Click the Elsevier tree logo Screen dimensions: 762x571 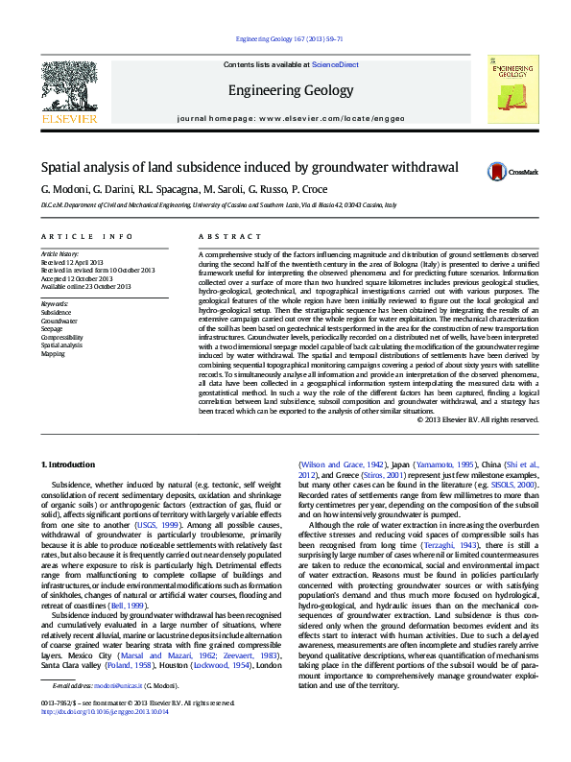point(68,87)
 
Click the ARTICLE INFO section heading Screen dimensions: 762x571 point(86,236)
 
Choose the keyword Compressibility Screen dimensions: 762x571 point(62,338)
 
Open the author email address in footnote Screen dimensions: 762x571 point(114,714)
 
